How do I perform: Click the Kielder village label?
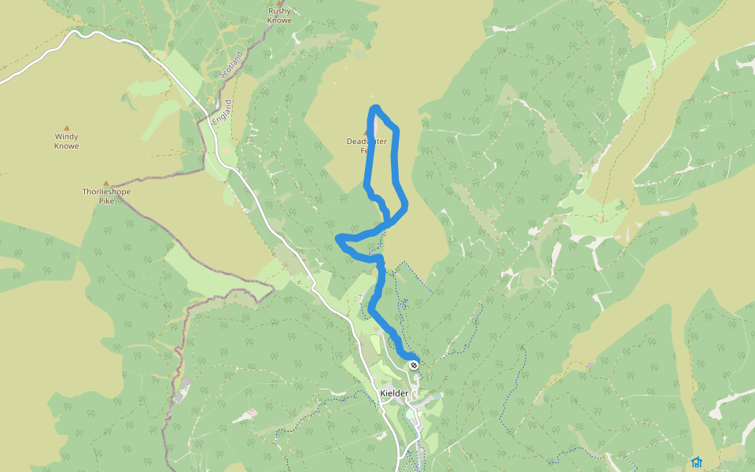[394, 393]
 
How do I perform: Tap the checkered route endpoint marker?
[414, 364]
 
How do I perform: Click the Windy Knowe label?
[67, 141]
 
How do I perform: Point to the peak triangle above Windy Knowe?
[67, 127]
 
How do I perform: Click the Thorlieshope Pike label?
[106, 196]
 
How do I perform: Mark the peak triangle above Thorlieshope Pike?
[106, 183]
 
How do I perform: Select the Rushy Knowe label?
[279, 15]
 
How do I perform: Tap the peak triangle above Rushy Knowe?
[279, 3]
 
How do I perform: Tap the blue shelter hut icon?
[696, 462]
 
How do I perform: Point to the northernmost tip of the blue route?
[376, 108]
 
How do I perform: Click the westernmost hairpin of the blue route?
[338, 237]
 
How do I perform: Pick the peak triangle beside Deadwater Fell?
[376, 131]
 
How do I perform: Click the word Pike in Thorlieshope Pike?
[106, 201]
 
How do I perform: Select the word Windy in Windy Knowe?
[67, 136]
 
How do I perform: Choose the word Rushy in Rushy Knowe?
[279, 11]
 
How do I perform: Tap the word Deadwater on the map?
[366, 142]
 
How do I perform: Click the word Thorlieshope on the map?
[106, 191]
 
